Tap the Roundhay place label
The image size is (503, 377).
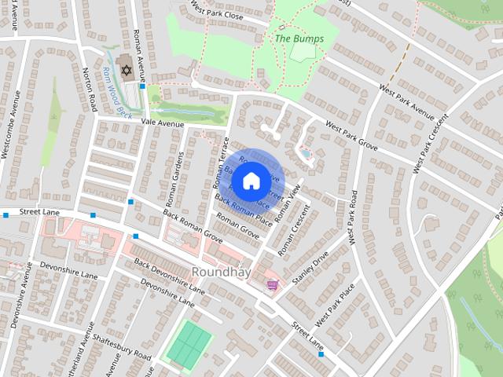222,272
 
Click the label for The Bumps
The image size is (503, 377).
299,38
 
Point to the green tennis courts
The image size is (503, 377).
189,343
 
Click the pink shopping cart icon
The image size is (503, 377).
272,284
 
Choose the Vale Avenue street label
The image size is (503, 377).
163,124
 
